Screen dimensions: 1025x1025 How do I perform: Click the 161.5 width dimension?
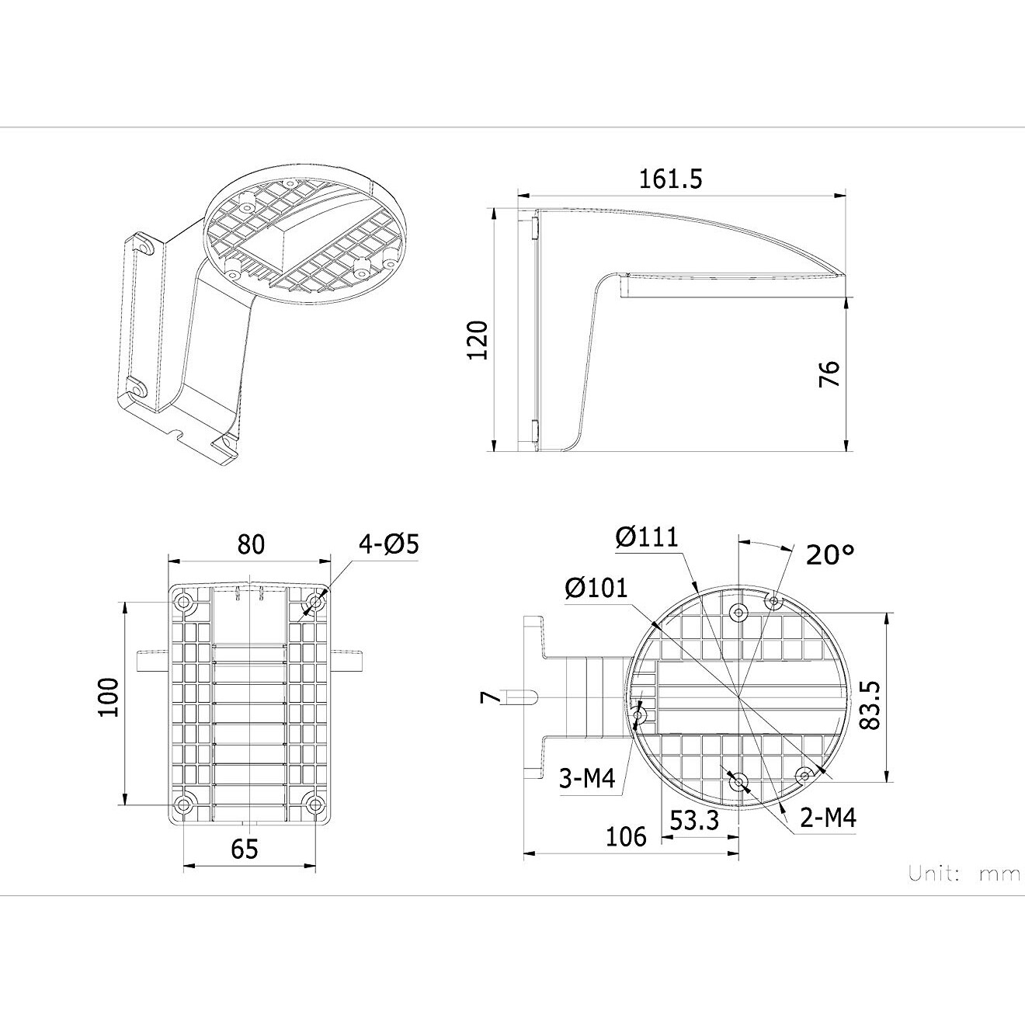[670, 179]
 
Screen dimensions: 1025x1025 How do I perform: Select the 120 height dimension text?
[477, 339]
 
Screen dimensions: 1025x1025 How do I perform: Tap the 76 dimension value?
[829, 374]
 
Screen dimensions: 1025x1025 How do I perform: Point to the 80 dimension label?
[251, 544]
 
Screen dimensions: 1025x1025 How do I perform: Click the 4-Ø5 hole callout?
[388, 544]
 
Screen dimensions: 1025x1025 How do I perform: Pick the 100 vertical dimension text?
[109, 697]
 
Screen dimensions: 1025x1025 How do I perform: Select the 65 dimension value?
[245, 850]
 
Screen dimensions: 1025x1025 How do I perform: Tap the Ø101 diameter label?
[596, 589]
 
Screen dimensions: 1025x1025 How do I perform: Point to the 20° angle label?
[829, 555]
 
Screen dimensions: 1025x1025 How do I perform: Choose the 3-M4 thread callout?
[586, 777]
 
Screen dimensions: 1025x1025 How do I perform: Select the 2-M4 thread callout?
[828, 818]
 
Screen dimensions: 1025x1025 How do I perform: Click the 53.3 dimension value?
[694, 820]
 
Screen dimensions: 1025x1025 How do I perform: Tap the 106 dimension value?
[626, 836]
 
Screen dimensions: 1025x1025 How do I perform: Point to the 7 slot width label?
[486, 697]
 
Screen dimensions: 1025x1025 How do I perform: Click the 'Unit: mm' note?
[964, 874]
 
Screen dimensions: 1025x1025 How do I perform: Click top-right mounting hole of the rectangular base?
[314, 603]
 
